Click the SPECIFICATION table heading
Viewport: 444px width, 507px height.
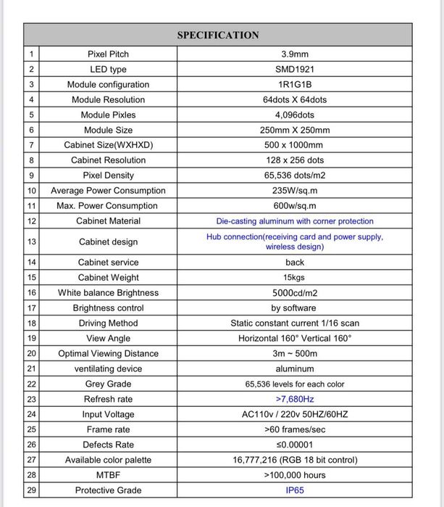(x=217, y=35)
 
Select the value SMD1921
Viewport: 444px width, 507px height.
(x=294, y=70)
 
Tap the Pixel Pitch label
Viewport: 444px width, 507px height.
(x=108, y=54)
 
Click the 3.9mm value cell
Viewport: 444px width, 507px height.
(x=294, y=54)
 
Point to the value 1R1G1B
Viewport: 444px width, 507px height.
(x=294, y=85)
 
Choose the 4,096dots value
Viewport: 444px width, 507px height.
(x=294, y=115)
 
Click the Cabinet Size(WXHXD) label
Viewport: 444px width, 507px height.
(x=108, y=145)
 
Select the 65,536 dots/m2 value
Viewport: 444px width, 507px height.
(x=294, y=176)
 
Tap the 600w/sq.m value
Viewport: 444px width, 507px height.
(x=294, y=206)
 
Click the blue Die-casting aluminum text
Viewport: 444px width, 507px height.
(x=294, y=221)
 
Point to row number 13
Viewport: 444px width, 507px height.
(x=31, y=242)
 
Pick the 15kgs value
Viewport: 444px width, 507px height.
(x=294, y=278)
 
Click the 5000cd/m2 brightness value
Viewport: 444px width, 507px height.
(x=294, y=293)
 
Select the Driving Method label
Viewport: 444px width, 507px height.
(x=108, y=323)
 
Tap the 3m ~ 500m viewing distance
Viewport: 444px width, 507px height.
(x=294, y=354)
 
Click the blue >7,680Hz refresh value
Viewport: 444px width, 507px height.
(x=294, y=400)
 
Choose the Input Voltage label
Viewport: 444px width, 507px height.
(x=108, y=415)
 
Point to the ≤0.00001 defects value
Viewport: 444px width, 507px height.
(x=294, y=445)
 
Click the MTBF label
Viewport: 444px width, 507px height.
(x=108, y=475)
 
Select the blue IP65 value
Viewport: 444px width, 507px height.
(x=294, y=490)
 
